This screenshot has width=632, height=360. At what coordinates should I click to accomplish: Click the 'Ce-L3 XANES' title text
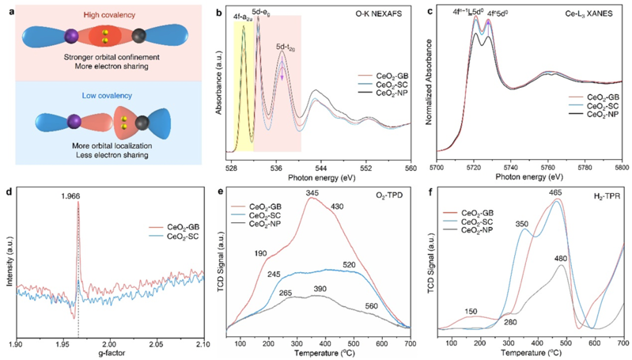[x=590, y=13]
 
